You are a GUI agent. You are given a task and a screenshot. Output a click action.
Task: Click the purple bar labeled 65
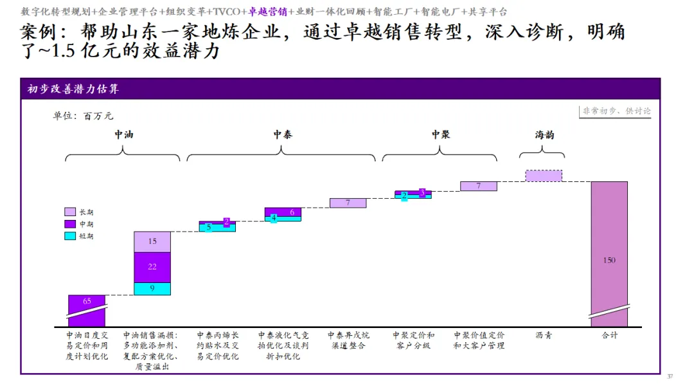tap(86, 302)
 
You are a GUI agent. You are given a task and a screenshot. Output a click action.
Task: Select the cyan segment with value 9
tap(152, 289)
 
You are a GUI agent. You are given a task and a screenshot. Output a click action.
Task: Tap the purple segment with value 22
tap(152, 267)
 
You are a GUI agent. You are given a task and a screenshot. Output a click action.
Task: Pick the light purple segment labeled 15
tap(152, 242)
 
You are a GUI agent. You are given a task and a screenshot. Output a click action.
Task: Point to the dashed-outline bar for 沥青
tap(543, 176)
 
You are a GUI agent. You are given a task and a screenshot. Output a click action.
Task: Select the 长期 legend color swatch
tap(70, 212)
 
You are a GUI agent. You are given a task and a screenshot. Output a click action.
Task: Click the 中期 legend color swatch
tap(70, 224)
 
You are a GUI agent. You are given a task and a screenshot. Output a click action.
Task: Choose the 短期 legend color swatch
tap(70, 236)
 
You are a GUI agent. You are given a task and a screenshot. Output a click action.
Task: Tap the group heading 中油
tap(124, 135)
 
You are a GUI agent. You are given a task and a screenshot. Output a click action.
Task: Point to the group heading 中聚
tap(440, 134)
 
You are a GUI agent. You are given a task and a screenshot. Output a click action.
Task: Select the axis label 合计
tap(609, 335)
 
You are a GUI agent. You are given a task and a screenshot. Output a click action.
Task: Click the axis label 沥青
tap(543, 335)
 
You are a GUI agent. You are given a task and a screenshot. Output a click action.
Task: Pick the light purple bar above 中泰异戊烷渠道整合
tap(348, 203)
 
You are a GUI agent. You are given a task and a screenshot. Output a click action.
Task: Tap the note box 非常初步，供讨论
tap(616, 111)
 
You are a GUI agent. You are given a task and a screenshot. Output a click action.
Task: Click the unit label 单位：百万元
tap(83, 116)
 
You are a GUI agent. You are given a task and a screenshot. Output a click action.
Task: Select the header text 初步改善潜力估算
tap(73, 89)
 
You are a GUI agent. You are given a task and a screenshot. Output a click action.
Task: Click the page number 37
tap(670, 376)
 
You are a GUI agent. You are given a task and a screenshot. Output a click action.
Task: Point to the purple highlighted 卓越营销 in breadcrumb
tap(267, 12)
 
